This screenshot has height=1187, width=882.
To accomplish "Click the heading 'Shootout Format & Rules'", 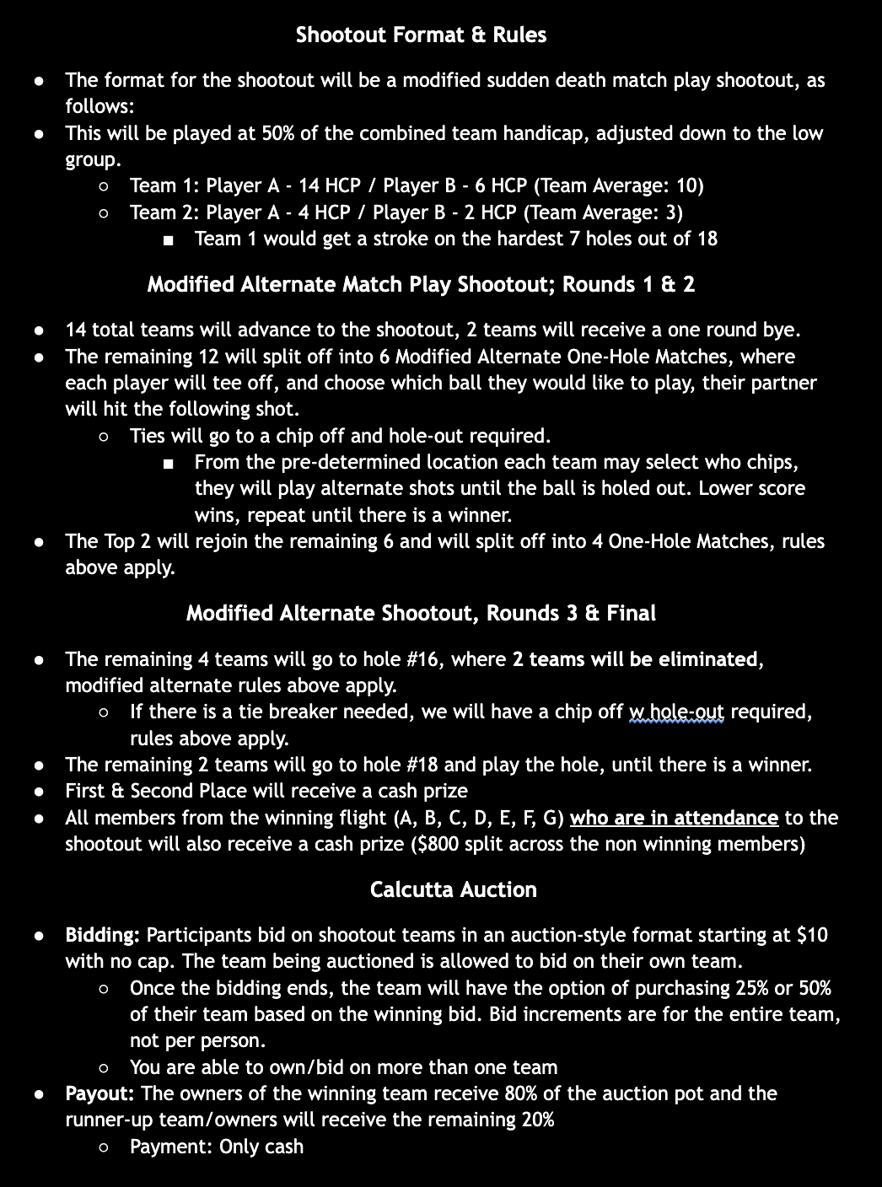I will coord(421,35).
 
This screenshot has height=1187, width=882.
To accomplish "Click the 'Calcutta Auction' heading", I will coord(453,889).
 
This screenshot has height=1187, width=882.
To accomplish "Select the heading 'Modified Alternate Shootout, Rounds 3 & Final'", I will coord(421,613).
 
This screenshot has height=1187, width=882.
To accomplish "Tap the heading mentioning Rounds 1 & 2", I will coord(421,284).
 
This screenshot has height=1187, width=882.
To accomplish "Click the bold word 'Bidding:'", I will coord(102,935).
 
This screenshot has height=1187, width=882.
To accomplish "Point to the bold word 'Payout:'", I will coord(100,1093).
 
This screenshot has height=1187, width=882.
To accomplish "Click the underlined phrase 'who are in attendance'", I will coord(674,818).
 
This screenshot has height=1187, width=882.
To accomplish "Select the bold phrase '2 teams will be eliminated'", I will coord(635,659).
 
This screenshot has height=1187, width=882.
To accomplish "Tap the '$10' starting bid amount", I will coord(812,935).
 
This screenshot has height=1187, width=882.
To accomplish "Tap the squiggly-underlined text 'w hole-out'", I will coord(676,712).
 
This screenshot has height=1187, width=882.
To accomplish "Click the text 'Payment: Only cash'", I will coord(217,1147).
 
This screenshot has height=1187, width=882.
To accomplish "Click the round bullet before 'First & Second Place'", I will coord(39,792).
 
